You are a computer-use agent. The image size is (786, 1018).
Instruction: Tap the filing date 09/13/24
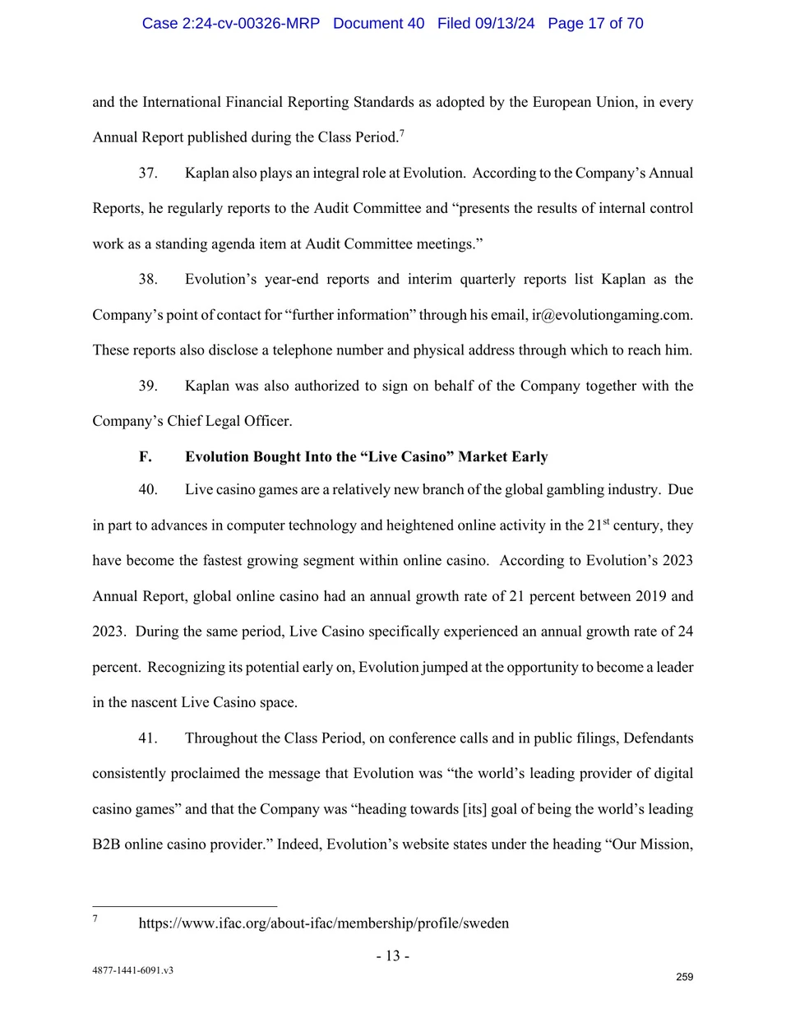pyautogui.click(x=504, y=23)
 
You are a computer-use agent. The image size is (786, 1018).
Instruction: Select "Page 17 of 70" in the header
pyautogui.click(x=595, y=23)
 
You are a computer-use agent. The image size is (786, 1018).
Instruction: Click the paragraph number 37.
pyautogui.click(x=148, y=173)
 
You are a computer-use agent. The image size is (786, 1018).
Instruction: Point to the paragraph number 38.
pyautogui.click(x=148, y=279)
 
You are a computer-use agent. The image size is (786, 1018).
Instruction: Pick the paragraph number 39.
pyautogui.click(x=148, y=386)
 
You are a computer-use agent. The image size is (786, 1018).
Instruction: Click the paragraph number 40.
pyautogui.click(x=148, y=489)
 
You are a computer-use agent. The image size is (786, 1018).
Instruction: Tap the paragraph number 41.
pyautogui.click(x=148, y=738)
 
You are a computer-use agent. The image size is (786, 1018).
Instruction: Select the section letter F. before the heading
pyautogui.click(x=146, y=456)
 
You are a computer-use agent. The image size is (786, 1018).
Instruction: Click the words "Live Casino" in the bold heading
pyautogui.click(x=404, y=456)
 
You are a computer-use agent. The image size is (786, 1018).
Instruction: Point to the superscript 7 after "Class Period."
pyautogui.click(x=402, y=132)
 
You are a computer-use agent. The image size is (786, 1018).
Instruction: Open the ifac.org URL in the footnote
pyautogui.click(x=323, y=923)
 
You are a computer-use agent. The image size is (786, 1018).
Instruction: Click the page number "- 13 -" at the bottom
pyautogui.click(x=393, y=956)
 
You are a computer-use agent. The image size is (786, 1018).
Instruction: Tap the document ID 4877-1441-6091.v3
pyautogui.click(x=132, y=970)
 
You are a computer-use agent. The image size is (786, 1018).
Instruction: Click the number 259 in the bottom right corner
pyautogui.click(x=684, y=977)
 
